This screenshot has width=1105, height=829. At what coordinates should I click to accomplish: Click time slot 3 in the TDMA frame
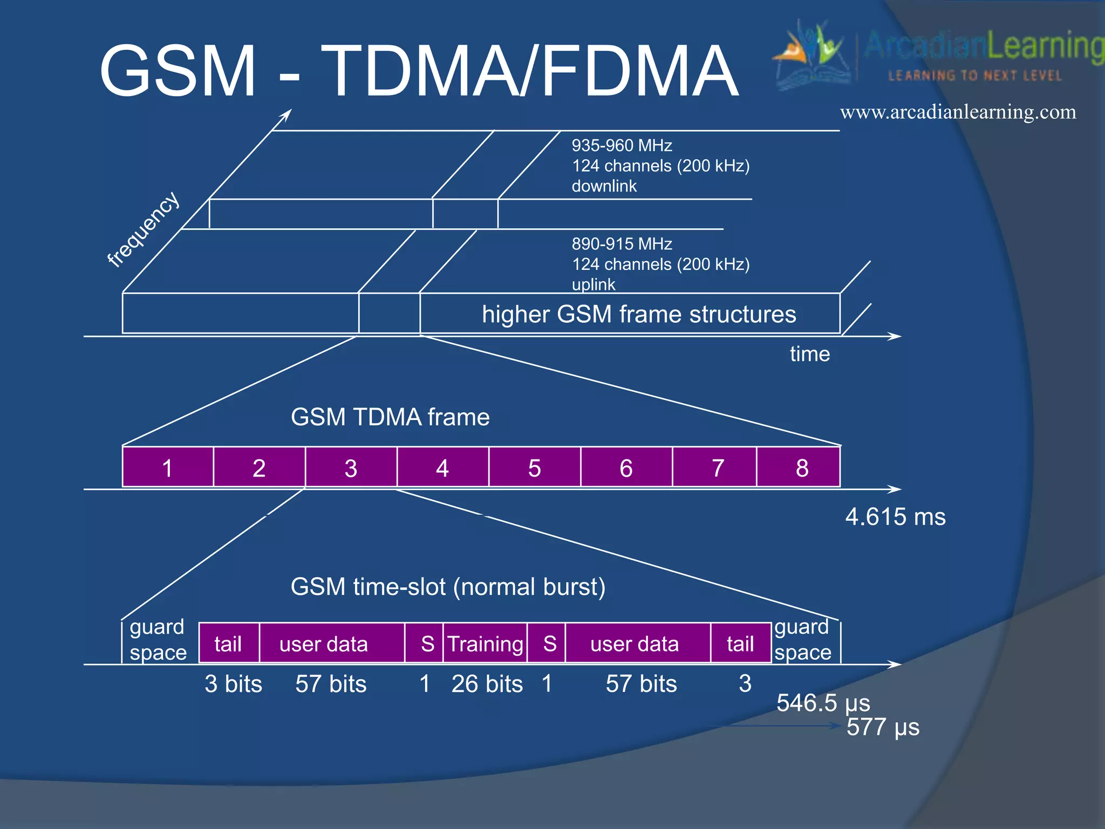coord(351,467)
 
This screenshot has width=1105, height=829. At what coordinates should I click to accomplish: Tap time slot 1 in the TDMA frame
coord(168,467)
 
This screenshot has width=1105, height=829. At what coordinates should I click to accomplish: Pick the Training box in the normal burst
coord(485,643)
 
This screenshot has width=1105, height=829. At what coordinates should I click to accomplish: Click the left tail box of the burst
coord(229,643)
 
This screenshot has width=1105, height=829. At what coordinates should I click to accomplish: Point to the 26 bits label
coord(487,684)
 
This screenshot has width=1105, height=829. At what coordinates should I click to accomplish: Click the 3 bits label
coord(233,684)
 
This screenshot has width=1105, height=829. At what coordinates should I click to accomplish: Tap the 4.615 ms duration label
coord(895,517)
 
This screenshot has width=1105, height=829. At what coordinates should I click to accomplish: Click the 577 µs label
coord(883,727)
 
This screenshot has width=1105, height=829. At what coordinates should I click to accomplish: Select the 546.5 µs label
coord(823,702)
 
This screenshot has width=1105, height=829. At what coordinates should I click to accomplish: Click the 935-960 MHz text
coord(622,145)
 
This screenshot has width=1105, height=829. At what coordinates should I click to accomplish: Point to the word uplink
coord(593,284)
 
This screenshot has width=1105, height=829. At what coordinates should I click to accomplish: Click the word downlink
coord(604,186)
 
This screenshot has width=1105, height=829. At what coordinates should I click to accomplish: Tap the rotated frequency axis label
coord(143,229)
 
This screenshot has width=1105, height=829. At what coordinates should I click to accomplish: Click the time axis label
coord(809,354)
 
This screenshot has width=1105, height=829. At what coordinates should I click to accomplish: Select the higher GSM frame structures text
coord(638,314)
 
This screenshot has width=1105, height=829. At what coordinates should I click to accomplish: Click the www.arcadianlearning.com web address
coord(958,112)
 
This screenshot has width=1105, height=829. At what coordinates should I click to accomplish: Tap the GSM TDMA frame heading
coord(390,417)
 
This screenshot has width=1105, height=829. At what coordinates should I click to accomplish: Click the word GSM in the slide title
coord(178,71)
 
